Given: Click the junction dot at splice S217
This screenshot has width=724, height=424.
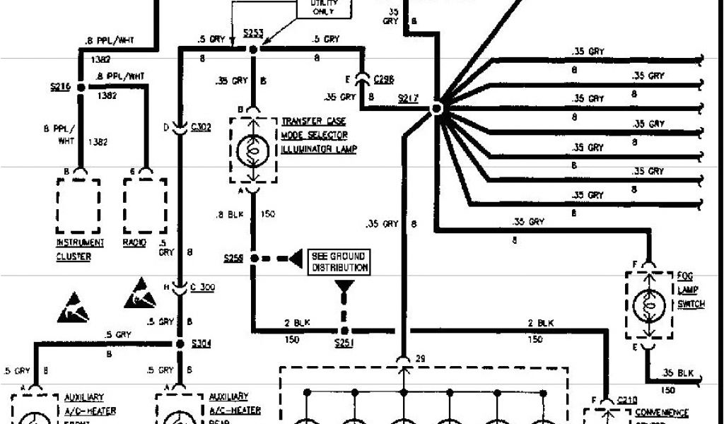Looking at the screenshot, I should point(437,108).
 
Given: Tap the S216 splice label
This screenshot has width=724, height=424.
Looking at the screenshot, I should point(60,86).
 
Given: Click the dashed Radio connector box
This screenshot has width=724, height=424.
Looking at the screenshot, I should point(145,205).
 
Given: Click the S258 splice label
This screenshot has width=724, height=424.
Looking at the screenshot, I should point(233,259).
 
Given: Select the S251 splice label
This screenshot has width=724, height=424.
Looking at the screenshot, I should point(344,344).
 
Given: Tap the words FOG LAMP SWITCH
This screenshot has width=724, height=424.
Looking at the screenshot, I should point(691,290).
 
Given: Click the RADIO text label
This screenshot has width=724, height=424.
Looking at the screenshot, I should point(134,243).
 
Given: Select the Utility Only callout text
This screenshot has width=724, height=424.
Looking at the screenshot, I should point(320,8).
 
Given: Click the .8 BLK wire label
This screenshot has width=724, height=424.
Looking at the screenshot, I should point(230,213).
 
